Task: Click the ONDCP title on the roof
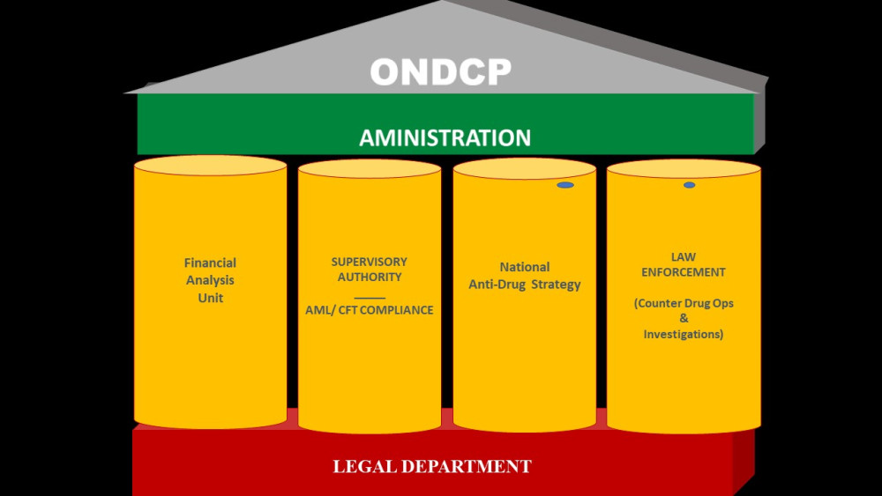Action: coord(440,71)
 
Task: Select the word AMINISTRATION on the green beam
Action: coord(445,138)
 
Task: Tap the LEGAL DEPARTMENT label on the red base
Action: coord(432,466)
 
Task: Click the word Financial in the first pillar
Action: coord(210,263)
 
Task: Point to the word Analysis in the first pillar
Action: coord(210,280)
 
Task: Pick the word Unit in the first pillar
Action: coord(210,298)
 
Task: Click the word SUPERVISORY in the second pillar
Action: coord(369,262)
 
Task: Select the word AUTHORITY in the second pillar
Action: coord(369,277)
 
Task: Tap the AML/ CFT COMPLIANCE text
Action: coord(369,310)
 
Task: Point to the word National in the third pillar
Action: coord(524,267)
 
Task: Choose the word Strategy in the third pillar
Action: coord(556,285)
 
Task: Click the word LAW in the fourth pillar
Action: coord(683,257)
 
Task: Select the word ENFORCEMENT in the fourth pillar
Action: coord(683,272)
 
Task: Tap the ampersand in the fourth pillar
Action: coord(684,319)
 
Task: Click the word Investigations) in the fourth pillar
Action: coord(684,334)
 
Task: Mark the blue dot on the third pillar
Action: coord(565,185)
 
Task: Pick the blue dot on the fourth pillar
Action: coord(689,185)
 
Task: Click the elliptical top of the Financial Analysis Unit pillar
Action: coord(210,165)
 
